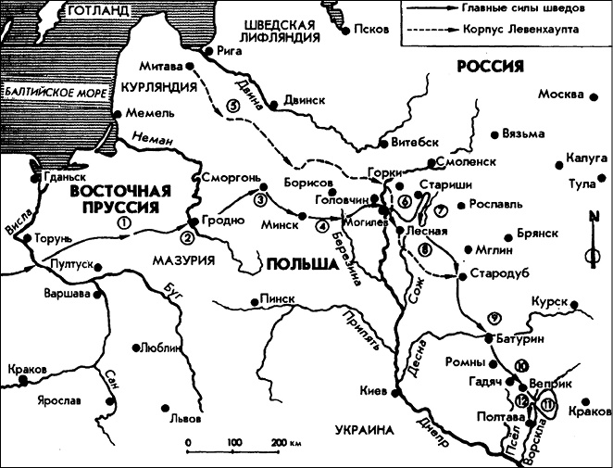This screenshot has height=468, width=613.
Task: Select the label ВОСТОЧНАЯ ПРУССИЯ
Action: point(120,198)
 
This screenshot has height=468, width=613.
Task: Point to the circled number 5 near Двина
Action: point(231,106)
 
